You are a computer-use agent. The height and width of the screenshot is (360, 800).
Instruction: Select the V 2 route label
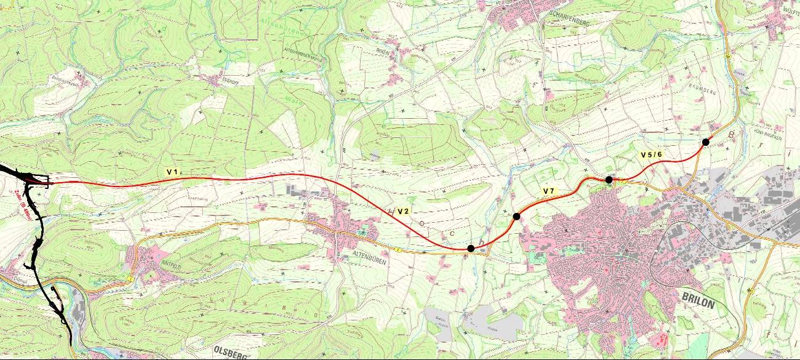(404, 211)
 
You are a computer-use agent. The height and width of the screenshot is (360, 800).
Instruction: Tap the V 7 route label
(549, 191)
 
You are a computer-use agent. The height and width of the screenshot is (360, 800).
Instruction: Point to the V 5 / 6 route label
(651, 154)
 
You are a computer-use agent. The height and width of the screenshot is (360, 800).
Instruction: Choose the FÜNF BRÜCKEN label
(767, 131)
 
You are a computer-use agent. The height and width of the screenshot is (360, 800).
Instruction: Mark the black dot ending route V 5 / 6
(706, 142)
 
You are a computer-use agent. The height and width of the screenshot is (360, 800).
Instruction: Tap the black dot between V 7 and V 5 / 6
(609, 180)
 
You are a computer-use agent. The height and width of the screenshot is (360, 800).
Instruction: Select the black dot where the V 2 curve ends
(471, 249)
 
